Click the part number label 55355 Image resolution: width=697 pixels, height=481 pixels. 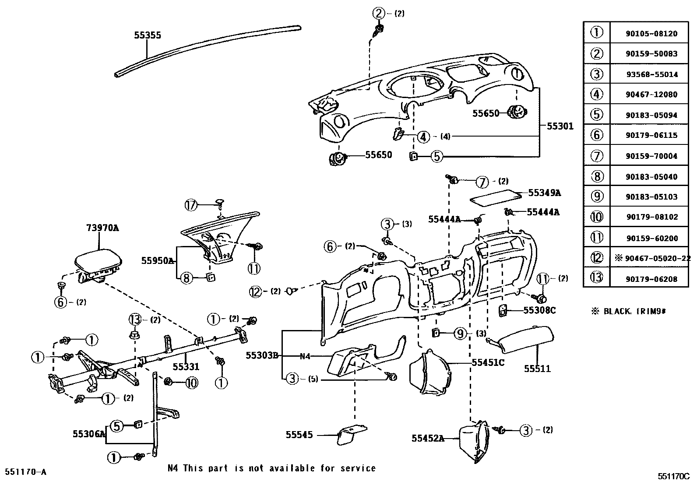(x=147, y=35)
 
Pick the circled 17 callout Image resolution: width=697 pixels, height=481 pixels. (x=191, y=204)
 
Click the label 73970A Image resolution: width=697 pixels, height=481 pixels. (x=102, y=228)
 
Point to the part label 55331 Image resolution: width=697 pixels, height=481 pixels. (x=186, y=367)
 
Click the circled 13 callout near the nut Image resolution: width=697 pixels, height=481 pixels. (x=136, y=319)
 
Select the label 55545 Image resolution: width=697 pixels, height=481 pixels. (x=299, y=435)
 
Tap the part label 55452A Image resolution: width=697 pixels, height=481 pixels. (x=428, y=438)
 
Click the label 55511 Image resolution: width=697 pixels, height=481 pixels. (x=537, y=369)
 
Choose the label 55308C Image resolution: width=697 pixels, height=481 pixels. (x=539, y=310)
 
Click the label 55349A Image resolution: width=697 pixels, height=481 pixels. (x=544, y=193)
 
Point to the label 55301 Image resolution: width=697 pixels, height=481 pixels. (x=560, y=126)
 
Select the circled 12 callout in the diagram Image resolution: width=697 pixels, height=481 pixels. (x=256, y=291)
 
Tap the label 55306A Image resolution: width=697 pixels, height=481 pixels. (x=89, y=434)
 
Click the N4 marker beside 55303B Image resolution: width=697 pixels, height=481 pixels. (x=305, y=356)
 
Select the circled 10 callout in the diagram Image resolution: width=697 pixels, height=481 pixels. (x=191, y=383)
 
